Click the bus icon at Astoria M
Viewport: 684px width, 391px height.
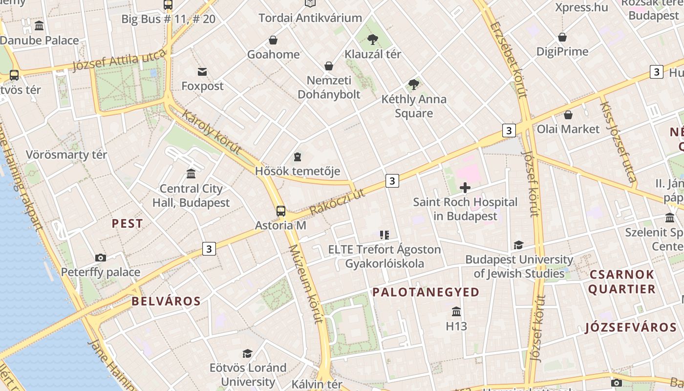[x=280, y=211]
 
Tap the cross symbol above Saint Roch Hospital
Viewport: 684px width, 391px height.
[x=465, y=187]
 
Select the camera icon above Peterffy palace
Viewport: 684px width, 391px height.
[x=101, y=258]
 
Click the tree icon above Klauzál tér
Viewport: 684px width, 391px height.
[x=373, y=39]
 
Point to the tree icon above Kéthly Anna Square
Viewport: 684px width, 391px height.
[x=414, y=85]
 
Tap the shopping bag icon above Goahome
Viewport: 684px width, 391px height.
[x=273, y=40]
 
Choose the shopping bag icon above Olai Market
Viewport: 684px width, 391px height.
[x=568, y=115]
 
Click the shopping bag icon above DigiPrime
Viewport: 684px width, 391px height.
[x=562, y=37]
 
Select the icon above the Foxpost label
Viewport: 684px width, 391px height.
[x=202, y=72]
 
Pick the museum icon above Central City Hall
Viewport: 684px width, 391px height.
[x=191, y=174]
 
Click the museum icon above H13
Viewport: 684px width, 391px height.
[x=456, y=311]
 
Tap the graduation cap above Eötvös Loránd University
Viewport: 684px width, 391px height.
[x=248, y=353]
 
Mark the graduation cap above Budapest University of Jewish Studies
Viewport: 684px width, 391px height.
[x=518, y=245]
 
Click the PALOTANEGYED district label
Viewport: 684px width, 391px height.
[x=426, y=292]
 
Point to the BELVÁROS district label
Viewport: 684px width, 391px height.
[x=166, y=301]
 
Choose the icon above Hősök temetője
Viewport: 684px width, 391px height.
[x=298, y=157]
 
